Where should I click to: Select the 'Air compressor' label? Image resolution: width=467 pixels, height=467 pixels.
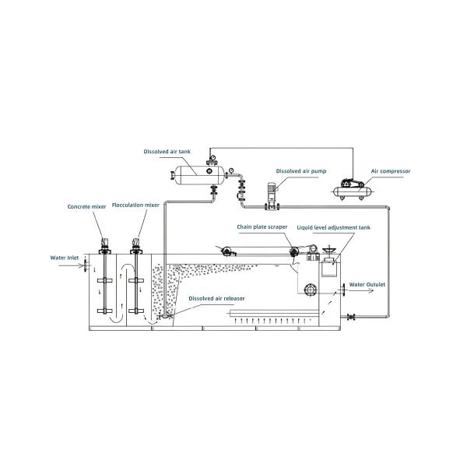[x=392, y=170]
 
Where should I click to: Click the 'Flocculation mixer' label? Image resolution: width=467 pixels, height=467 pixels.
[x=136, y=206]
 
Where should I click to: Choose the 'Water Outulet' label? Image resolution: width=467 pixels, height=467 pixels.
[x=368, y=284]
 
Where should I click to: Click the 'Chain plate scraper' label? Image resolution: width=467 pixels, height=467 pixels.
[x=262, y=226]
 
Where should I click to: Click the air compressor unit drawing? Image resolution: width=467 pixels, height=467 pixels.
[x=349, y=189]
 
